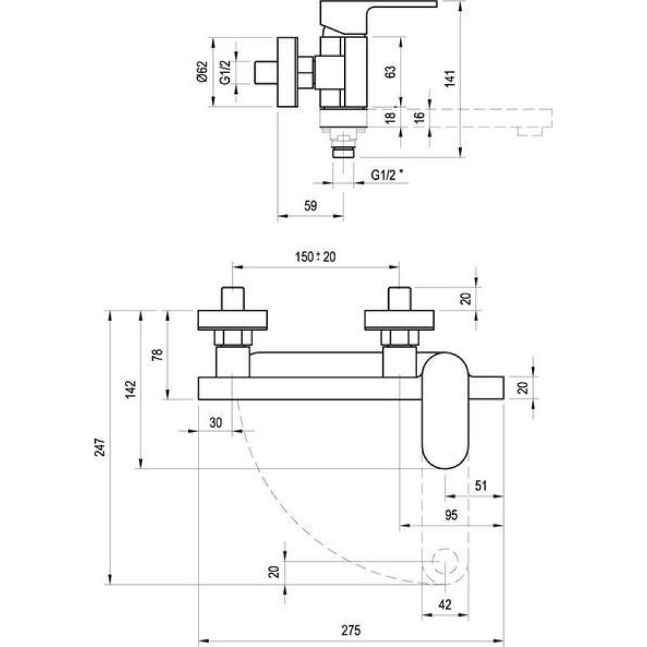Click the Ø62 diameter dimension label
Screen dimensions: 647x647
(x=202, y=72)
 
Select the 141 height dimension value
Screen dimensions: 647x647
(x=450, y=78)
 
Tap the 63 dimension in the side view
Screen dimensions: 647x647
(x=390, y=72)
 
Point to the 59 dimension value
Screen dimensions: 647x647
(x=311, y=206)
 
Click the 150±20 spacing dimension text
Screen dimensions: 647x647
(x=315, y=257)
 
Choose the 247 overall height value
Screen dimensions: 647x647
(x=100, y=447)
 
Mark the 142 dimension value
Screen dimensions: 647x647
(x=131, y=389)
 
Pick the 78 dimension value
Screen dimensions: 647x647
(x=157, y=355)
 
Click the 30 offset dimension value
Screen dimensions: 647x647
(x=216, y=422)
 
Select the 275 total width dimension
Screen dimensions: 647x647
(x=351, y=630)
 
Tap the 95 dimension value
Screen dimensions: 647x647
(x=451, y=515)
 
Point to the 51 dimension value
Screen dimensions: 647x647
(x=481, y=486)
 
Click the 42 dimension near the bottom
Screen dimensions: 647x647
(x=445, y=605)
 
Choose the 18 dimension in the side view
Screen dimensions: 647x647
(x=390, y=117)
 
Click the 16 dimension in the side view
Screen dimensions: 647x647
(x=419, y=117)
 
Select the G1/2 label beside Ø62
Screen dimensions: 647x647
(x=225, y=72)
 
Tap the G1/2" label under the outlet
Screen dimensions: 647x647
(x=387, y=175)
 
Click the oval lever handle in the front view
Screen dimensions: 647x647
(x=445, y=411)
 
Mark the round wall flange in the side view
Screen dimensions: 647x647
(x=287, y=72)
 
